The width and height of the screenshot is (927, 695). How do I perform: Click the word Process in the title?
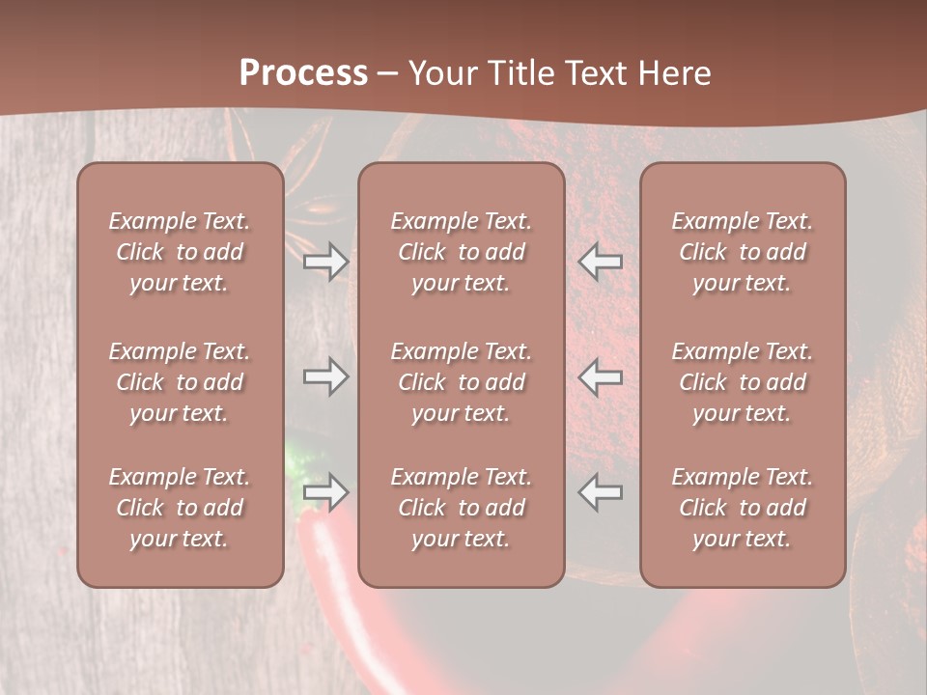click(x=303, y=73)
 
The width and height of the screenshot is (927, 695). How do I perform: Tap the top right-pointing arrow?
click(x=326, y=262)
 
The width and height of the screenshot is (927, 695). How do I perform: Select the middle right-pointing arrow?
click(x=326, y=376)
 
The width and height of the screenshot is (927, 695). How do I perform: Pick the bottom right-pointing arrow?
click(x=326, y=492)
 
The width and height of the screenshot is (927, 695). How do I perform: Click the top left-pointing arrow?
click(x=600, y=262)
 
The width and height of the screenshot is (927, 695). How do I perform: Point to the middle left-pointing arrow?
click(x=600, y=376)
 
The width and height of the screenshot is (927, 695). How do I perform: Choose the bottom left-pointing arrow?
click(x=600, y=492)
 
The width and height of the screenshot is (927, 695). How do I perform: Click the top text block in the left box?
click(x=180, y=252)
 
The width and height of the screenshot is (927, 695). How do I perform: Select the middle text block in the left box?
click(x=180, y=382)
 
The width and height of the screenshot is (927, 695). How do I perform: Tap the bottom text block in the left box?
click(x=180, y=508)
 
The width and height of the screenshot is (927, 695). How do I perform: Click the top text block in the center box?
click(x=461, y=252)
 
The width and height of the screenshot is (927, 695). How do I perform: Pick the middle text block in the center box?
click(x=461, y=382)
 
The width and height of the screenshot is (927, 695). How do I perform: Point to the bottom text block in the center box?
click(x=461, y=508)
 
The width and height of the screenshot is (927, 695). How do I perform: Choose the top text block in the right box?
click(x=742, y=252)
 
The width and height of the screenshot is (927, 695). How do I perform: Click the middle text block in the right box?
click(x=742, y=382)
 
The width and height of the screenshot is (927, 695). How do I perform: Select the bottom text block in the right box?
click(x=742, y=508)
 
